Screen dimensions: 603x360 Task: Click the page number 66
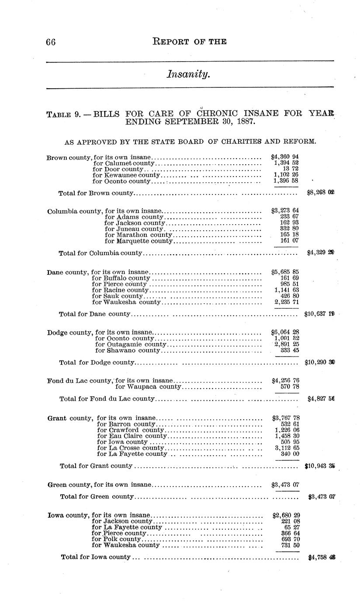point(51,42)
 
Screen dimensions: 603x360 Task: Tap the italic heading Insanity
point(188,75)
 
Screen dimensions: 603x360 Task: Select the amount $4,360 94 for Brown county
point(284,156)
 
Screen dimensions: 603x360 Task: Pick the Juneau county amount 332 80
point(289,229)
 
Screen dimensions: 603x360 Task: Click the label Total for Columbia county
point(100,253)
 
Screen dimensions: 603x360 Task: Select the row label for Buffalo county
point(121,278)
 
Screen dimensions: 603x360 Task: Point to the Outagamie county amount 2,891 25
point(287,344)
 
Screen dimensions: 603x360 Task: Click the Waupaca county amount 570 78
point(290,387)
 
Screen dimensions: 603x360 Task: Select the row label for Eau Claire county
point(132,436)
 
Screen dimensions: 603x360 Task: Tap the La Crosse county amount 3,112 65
point(287,448)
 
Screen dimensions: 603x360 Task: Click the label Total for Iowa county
point(96,557)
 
